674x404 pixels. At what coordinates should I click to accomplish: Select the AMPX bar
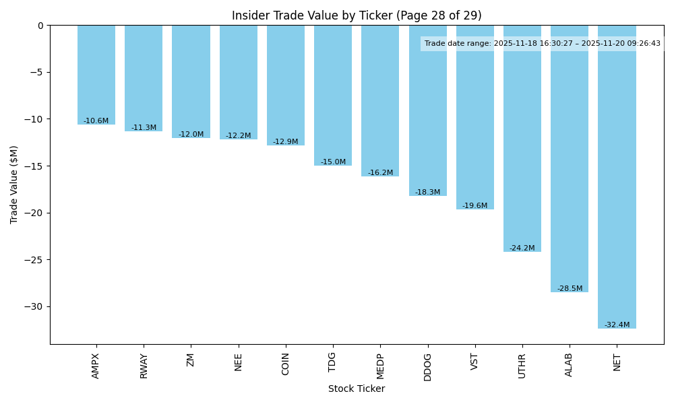pyautogui.click(x=96, y=75)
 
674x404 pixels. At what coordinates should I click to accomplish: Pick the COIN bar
pyautogui.click(x=286, y=85)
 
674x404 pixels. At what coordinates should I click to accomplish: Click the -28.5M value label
pyautogui.click(x=570, y=288)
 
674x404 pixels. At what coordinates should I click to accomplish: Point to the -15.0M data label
pyautogui.click(x=333, y=162)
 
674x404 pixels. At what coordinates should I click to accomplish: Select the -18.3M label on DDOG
pyautogui.click(x=427, y=192)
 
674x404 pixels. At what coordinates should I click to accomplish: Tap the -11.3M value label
pyautogui.click(x=144, y=127)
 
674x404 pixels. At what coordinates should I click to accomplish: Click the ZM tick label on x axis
pyautogui.click(x=191, y=360)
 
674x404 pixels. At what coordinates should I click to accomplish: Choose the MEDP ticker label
pyautogui.click(x=380, y=366)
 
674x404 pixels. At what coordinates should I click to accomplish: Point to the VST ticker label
pyautogui.click(x=475, y=362)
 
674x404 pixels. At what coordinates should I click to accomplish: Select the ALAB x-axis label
pyautogui.click(x=570, y=364)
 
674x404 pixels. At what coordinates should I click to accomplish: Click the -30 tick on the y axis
pyautogui.click(x=35, y=306)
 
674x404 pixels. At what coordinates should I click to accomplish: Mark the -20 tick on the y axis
pyautogui.click(x=35, y=213)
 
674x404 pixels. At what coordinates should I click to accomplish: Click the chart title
pyautogui.click(x=357, y=15)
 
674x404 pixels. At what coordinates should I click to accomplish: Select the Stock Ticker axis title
pyautogui.click(x=357, y=389)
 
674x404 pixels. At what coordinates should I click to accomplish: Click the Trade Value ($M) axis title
pyautogui.click(x=14, y=184)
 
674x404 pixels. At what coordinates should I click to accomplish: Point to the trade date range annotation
pyautogui.click(x=542, y=43)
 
